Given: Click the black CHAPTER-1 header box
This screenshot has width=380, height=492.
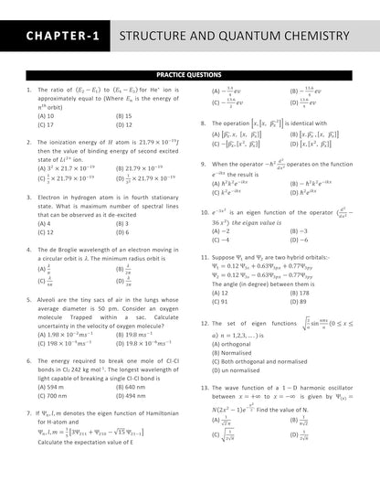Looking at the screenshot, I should tap(58, 37).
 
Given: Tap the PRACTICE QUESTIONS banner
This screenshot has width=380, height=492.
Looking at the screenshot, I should tap(189, 75).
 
